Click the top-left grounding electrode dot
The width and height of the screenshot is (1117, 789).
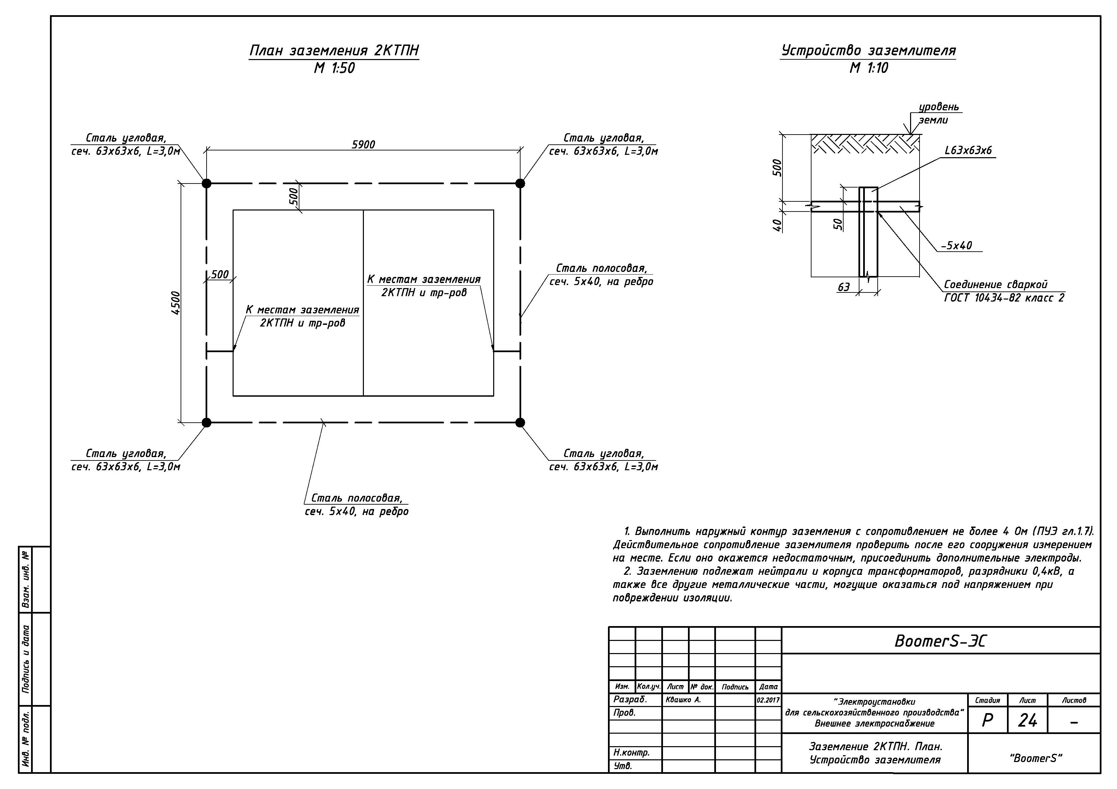click(207, 183)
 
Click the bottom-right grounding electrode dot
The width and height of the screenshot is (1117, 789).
click(520, 422)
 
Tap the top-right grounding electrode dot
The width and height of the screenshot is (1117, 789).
click(520, 183)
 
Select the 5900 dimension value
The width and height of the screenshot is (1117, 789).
click(364, 144)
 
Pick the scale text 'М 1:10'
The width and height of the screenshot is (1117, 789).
click(869, 68)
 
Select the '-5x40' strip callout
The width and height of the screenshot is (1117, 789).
click(956, 246)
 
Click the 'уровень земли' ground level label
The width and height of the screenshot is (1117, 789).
click(938, 113)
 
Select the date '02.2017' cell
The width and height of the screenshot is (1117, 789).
click(768, 700)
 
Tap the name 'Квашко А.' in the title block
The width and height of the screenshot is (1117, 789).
click(684, 700)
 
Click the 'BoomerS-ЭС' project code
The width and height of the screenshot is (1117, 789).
click(940, 641)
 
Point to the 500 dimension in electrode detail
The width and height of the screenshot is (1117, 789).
click(777, 168)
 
